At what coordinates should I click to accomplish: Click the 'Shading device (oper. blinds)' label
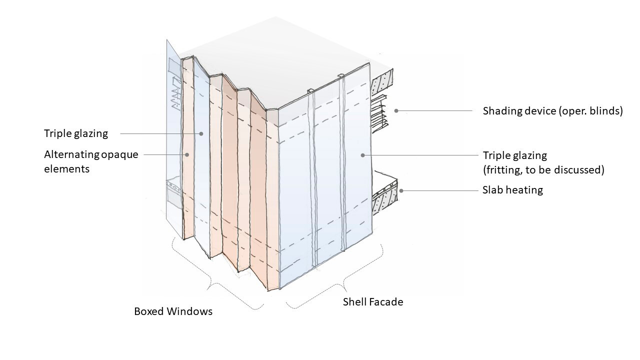click(x=552, y=111)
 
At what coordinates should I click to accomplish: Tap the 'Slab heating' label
click(x=512, y=190)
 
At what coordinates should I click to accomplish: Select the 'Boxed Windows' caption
click(x=173, y=311)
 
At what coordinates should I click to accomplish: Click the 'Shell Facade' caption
click(x=372, y=302)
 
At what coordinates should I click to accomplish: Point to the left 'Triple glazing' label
click(x=75, y=133)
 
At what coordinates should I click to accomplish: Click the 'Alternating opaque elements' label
click(x=90, y=161)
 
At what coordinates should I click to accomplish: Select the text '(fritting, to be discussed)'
click(x=543, y=170)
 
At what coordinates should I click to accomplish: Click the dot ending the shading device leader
click(x=396, y=110)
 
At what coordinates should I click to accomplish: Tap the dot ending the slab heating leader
click(x=401, y=190)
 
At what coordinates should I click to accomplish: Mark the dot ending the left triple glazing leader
click(x=201, y=133)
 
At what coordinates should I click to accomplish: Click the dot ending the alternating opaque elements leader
click(x=187, y=155)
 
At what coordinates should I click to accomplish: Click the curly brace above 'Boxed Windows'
click(x=215, y=277)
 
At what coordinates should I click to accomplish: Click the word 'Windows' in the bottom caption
click(x=192, y=311)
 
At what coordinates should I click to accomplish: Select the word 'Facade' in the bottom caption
click(x=386, y=302)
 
